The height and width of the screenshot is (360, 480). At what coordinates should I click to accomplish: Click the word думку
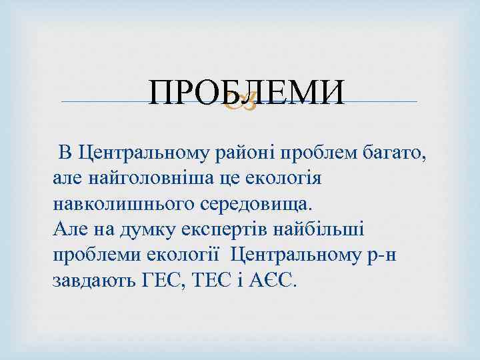tap(147, 229)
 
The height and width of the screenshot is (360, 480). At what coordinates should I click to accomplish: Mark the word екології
tap(194, 255)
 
